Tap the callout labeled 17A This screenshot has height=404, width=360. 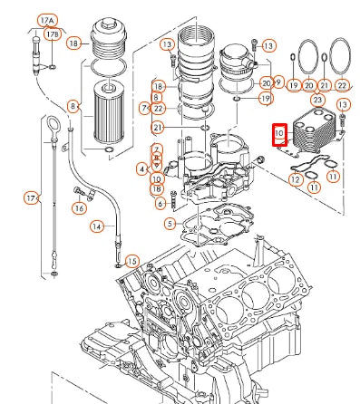[45, 20]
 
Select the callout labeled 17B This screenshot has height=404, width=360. [54, 35]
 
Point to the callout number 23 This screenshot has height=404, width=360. [317, 99]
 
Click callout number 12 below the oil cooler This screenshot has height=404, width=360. [295, 179]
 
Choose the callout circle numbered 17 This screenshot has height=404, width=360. [31, 197]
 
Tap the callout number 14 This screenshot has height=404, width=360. [96, 226]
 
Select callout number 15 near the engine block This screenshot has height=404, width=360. [132, 261]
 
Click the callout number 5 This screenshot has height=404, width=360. [170, 223]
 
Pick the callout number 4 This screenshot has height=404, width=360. [142, 168]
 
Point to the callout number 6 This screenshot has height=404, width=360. [161, 203]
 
